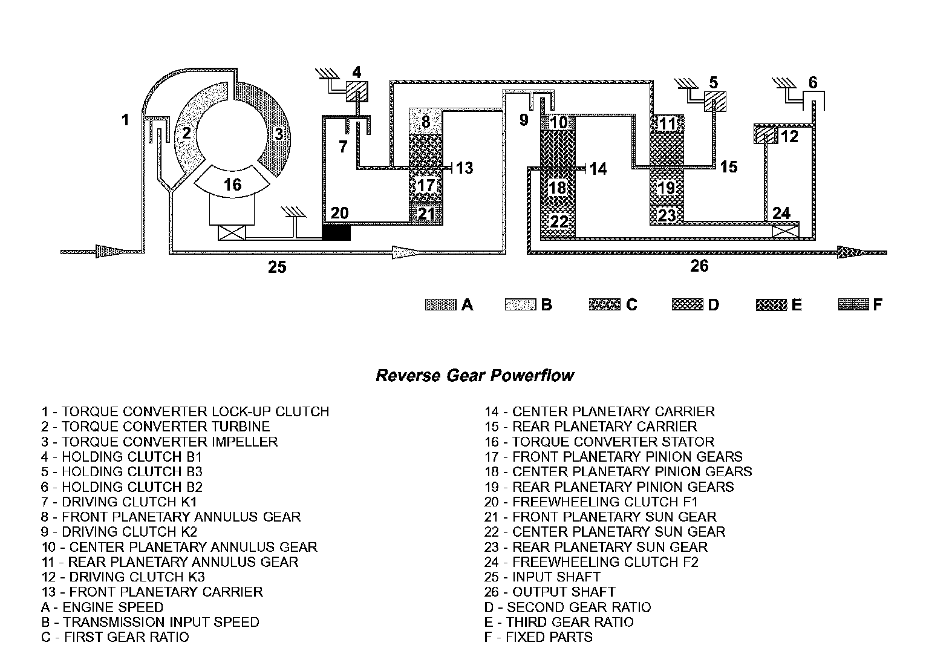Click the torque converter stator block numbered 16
coord(233,184)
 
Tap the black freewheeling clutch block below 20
coord(336,232)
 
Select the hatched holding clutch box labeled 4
coord(357,91)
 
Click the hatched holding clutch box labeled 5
coord(715,102)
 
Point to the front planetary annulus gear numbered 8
coord(426,122)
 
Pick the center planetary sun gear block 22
coord(558,221)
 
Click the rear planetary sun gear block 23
coord(667,215)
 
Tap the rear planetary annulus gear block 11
coord(667,124)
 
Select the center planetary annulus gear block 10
coord(558,122)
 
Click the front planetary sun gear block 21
coord(426,214)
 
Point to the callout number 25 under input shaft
coord(277,266)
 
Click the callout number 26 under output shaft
coord(699,266)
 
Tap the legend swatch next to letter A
coord(441,305)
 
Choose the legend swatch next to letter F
coord(853,305)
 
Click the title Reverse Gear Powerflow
coord(475,376)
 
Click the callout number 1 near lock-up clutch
coord(125,120)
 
